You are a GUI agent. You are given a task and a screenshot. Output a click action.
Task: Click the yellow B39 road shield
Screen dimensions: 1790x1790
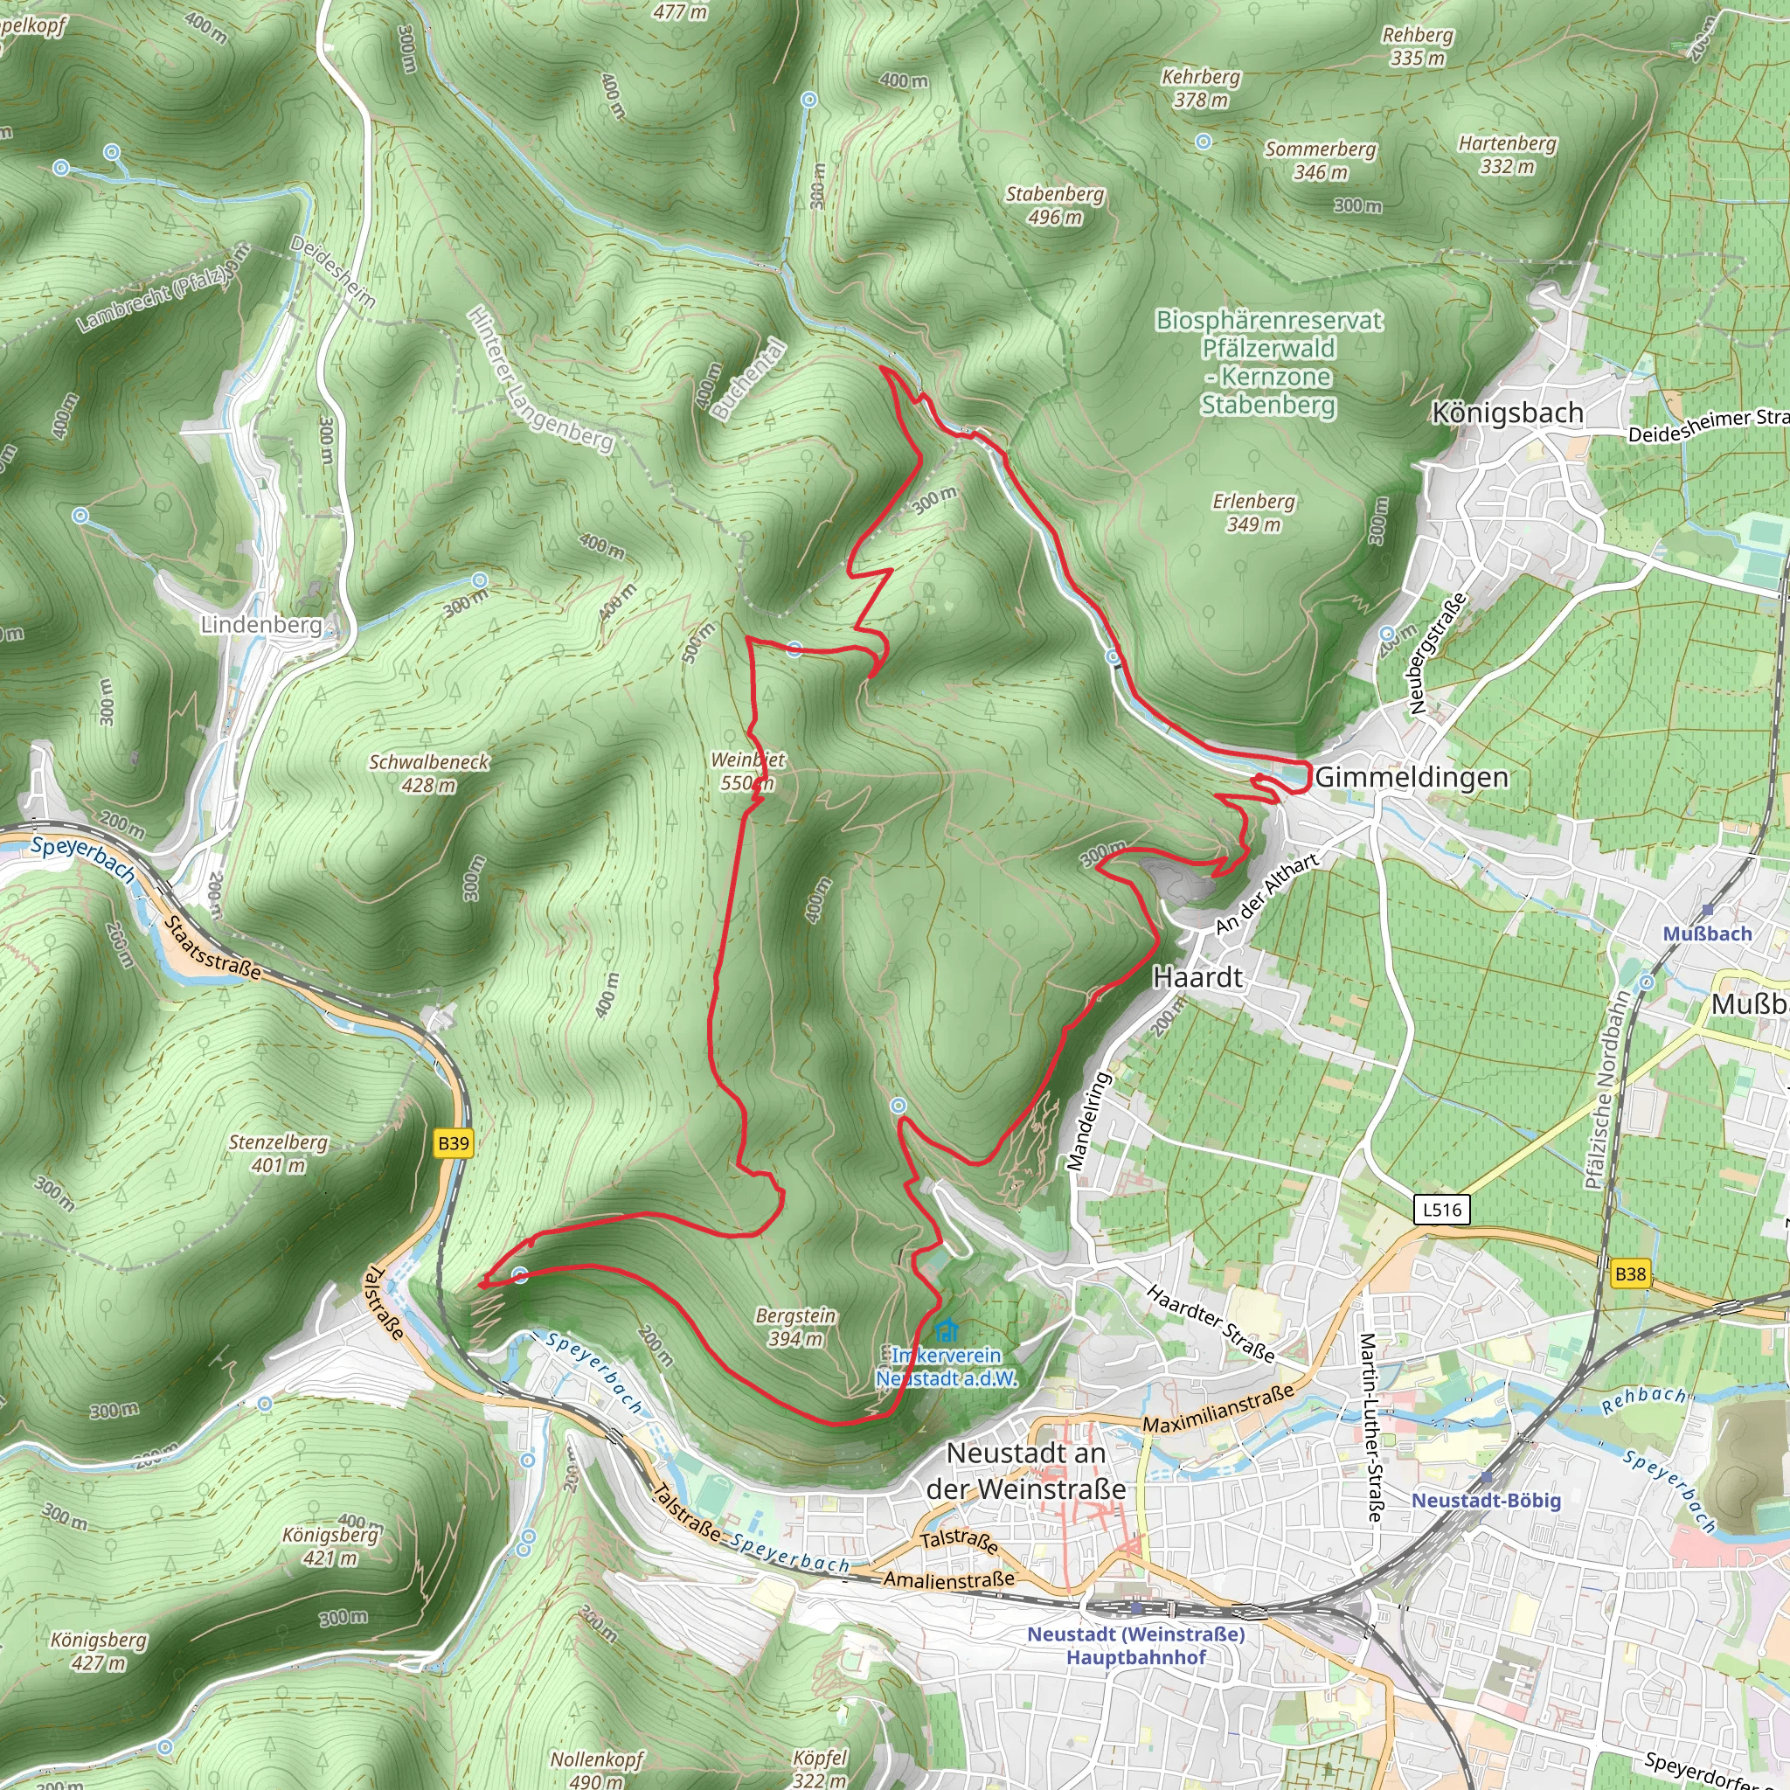[x=453, y=1143]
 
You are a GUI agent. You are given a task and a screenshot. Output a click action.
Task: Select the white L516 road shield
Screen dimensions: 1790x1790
[x=1442, y=1209]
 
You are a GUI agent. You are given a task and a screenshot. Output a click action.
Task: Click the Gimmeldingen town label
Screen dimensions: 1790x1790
[x=1411, y=777]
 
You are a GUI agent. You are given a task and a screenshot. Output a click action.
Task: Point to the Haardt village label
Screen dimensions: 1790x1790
[x=1197, y=977]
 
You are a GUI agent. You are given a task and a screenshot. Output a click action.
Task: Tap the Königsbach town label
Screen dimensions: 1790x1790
[x=1508, y=413]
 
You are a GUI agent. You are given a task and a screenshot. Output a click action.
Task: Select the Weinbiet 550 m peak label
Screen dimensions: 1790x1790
[x=746, y=771]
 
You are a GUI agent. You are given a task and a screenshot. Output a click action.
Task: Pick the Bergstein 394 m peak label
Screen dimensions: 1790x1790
[x=795, y=1327]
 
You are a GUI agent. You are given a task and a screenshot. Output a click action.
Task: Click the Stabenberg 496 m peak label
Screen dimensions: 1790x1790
[x=1054, y=205]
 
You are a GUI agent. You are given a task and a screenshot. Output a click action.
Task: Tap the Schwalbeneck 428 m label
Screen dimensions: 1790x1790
[x=428, y=773]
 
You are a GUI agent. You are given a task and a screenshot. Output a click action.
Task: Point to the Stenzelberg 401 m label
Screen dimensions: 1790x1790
[x=278, y=1153]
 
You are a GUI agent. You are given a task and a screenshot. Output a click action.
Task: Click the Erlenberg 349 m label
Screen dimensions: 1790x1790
[x=1253, y=512]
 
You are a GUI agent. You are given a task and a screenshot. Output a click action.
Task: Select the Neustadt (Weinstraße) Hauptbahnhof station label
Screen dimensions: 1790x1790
[x=1136, y=1645]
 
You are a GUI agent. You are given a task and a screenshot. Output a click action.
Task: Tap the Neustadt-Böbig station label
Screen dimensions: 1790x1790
[x=1486, y=1500]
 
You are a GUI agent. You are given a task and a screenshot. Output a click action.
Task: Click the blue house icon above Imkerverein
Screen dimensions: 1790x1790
[x=946, y=1331]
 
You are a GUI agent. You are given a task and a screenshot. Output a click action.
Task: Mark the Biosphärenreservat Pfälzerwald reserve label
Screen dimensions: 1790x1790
[x=1268, y=361]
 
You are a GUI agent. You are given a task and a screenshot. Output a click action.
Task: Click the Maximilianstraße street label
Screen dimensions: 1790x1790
[x=1218, y=1408]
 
